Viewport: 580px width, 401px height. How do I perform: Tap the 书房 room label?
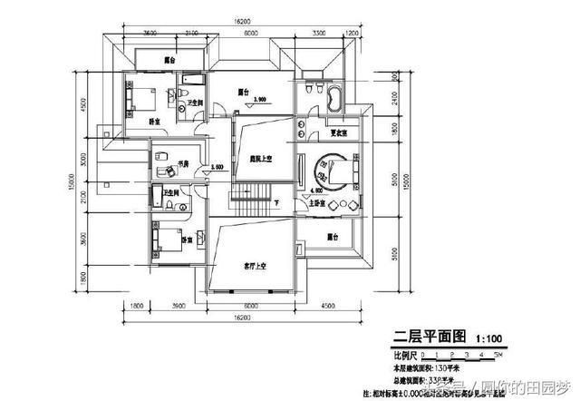click(182, 164)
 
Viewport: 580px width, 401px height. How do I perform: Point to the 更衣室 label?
click(340, 133)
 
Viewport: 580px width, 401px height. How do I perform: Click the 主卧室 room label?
click(318, 203)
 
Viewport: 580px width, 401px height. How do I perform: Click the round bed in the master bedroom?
click(326, 170)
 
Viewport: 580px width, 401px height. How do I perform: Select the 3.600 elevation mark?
click(216, 168)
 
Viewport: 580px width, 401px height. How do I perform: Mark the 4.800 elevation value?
click(317, 189)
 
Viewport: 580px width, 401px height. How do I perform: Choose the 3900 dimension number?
click(179, 306)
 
